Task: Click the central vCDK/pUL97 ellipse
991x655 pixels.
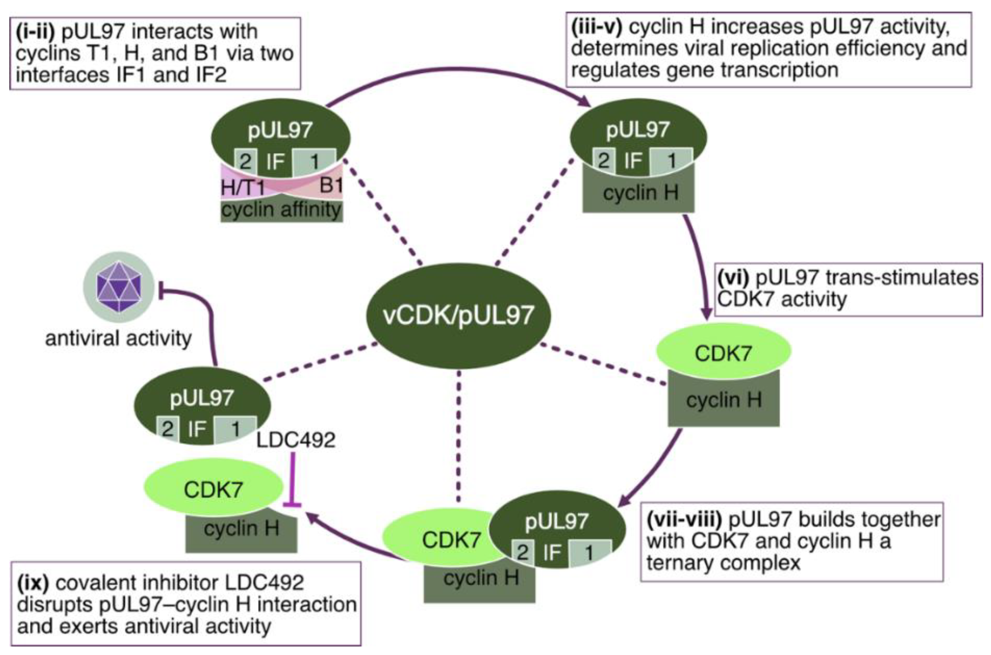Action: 458,315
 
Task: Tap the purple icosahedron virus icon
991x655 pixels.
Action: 119,287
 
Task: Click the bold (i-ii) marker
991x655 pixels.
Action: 35,32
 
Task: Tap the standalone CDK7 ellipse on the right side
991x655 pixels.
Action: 723,353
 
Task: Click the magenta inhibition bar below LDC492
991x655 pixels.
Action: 292,480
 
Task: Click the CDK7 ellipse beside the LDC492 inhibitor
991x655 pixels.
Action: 213,489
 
